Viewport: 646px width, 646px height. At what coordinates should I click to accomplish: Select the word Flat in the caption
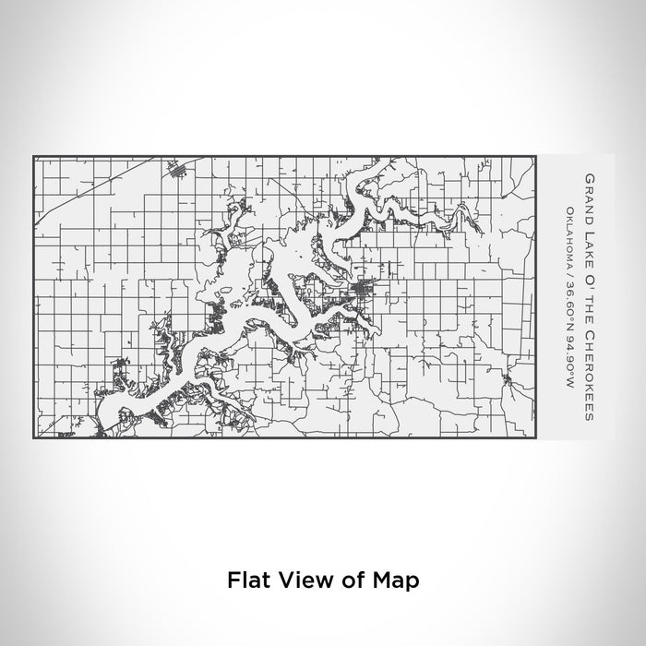(x=247, y=580)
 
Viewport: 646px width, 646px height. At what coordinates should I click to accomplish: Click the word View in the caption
(x=300, y=580)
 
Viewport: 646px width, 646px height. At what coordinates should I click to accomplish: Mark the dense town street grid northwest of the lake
(x=178, y=168)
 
